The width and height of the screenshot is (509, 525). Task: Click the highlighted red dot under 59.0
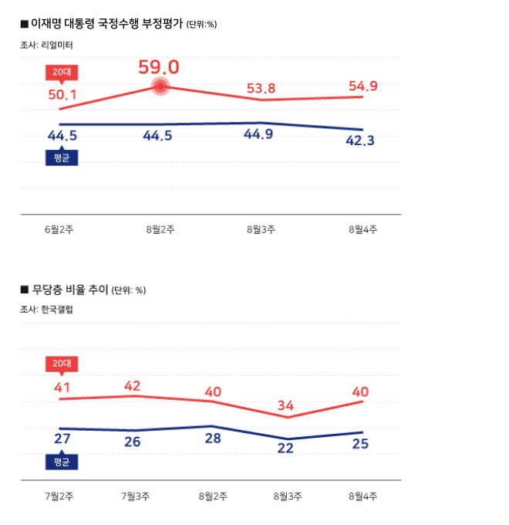tap(160, 86)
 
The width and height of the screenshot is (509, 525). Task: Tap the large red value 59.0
tap(159, 66)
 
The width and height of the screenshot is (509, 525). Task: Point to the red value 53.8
tap(261, 87)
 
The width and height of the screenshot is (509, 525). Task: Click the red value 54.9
tap(362, 86)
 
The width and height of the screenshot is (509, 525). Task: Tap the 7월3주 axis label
tap(135, 496)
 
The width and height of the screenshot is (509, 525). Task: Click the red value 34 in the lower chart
tap(285, 405)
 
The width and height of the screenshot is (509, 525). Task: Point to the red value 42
tap(132, 385)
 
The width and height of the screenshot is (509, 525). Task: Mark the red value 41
tap(62, 388)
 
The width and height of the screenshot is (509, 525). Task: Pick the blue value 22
tap(285, 449)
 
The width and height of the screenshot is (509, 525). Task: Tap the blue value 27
tap(62, 439)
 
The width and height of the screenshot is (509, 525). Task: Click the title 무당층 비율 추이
tap(69, 290)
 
